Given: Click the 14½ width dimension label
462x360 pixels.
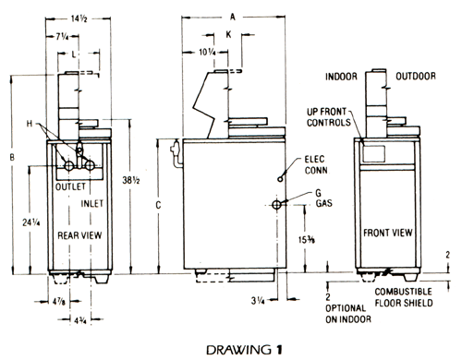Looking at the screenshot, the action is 79,18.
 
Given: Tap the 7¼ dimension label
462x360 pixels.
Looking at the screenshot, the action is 62,37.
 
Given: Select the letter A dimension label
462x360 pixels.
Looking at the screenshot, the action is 233,17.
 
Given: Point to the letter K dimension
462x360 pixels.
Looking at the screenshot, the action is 228,34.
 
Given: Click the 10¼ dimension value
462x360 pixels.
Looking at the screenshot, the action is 207,53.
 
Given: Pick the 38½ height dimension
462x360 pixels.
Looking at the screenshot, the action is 131,180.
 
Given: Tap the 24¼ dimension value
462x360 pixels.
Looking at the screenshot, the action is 31,222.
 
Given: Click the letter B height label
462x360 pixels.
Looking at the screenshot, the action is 12,157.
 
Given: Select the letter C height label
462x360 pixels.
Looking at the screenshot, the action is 158,205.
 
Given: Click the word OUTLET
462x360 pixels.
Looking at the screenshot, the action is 70,186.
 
